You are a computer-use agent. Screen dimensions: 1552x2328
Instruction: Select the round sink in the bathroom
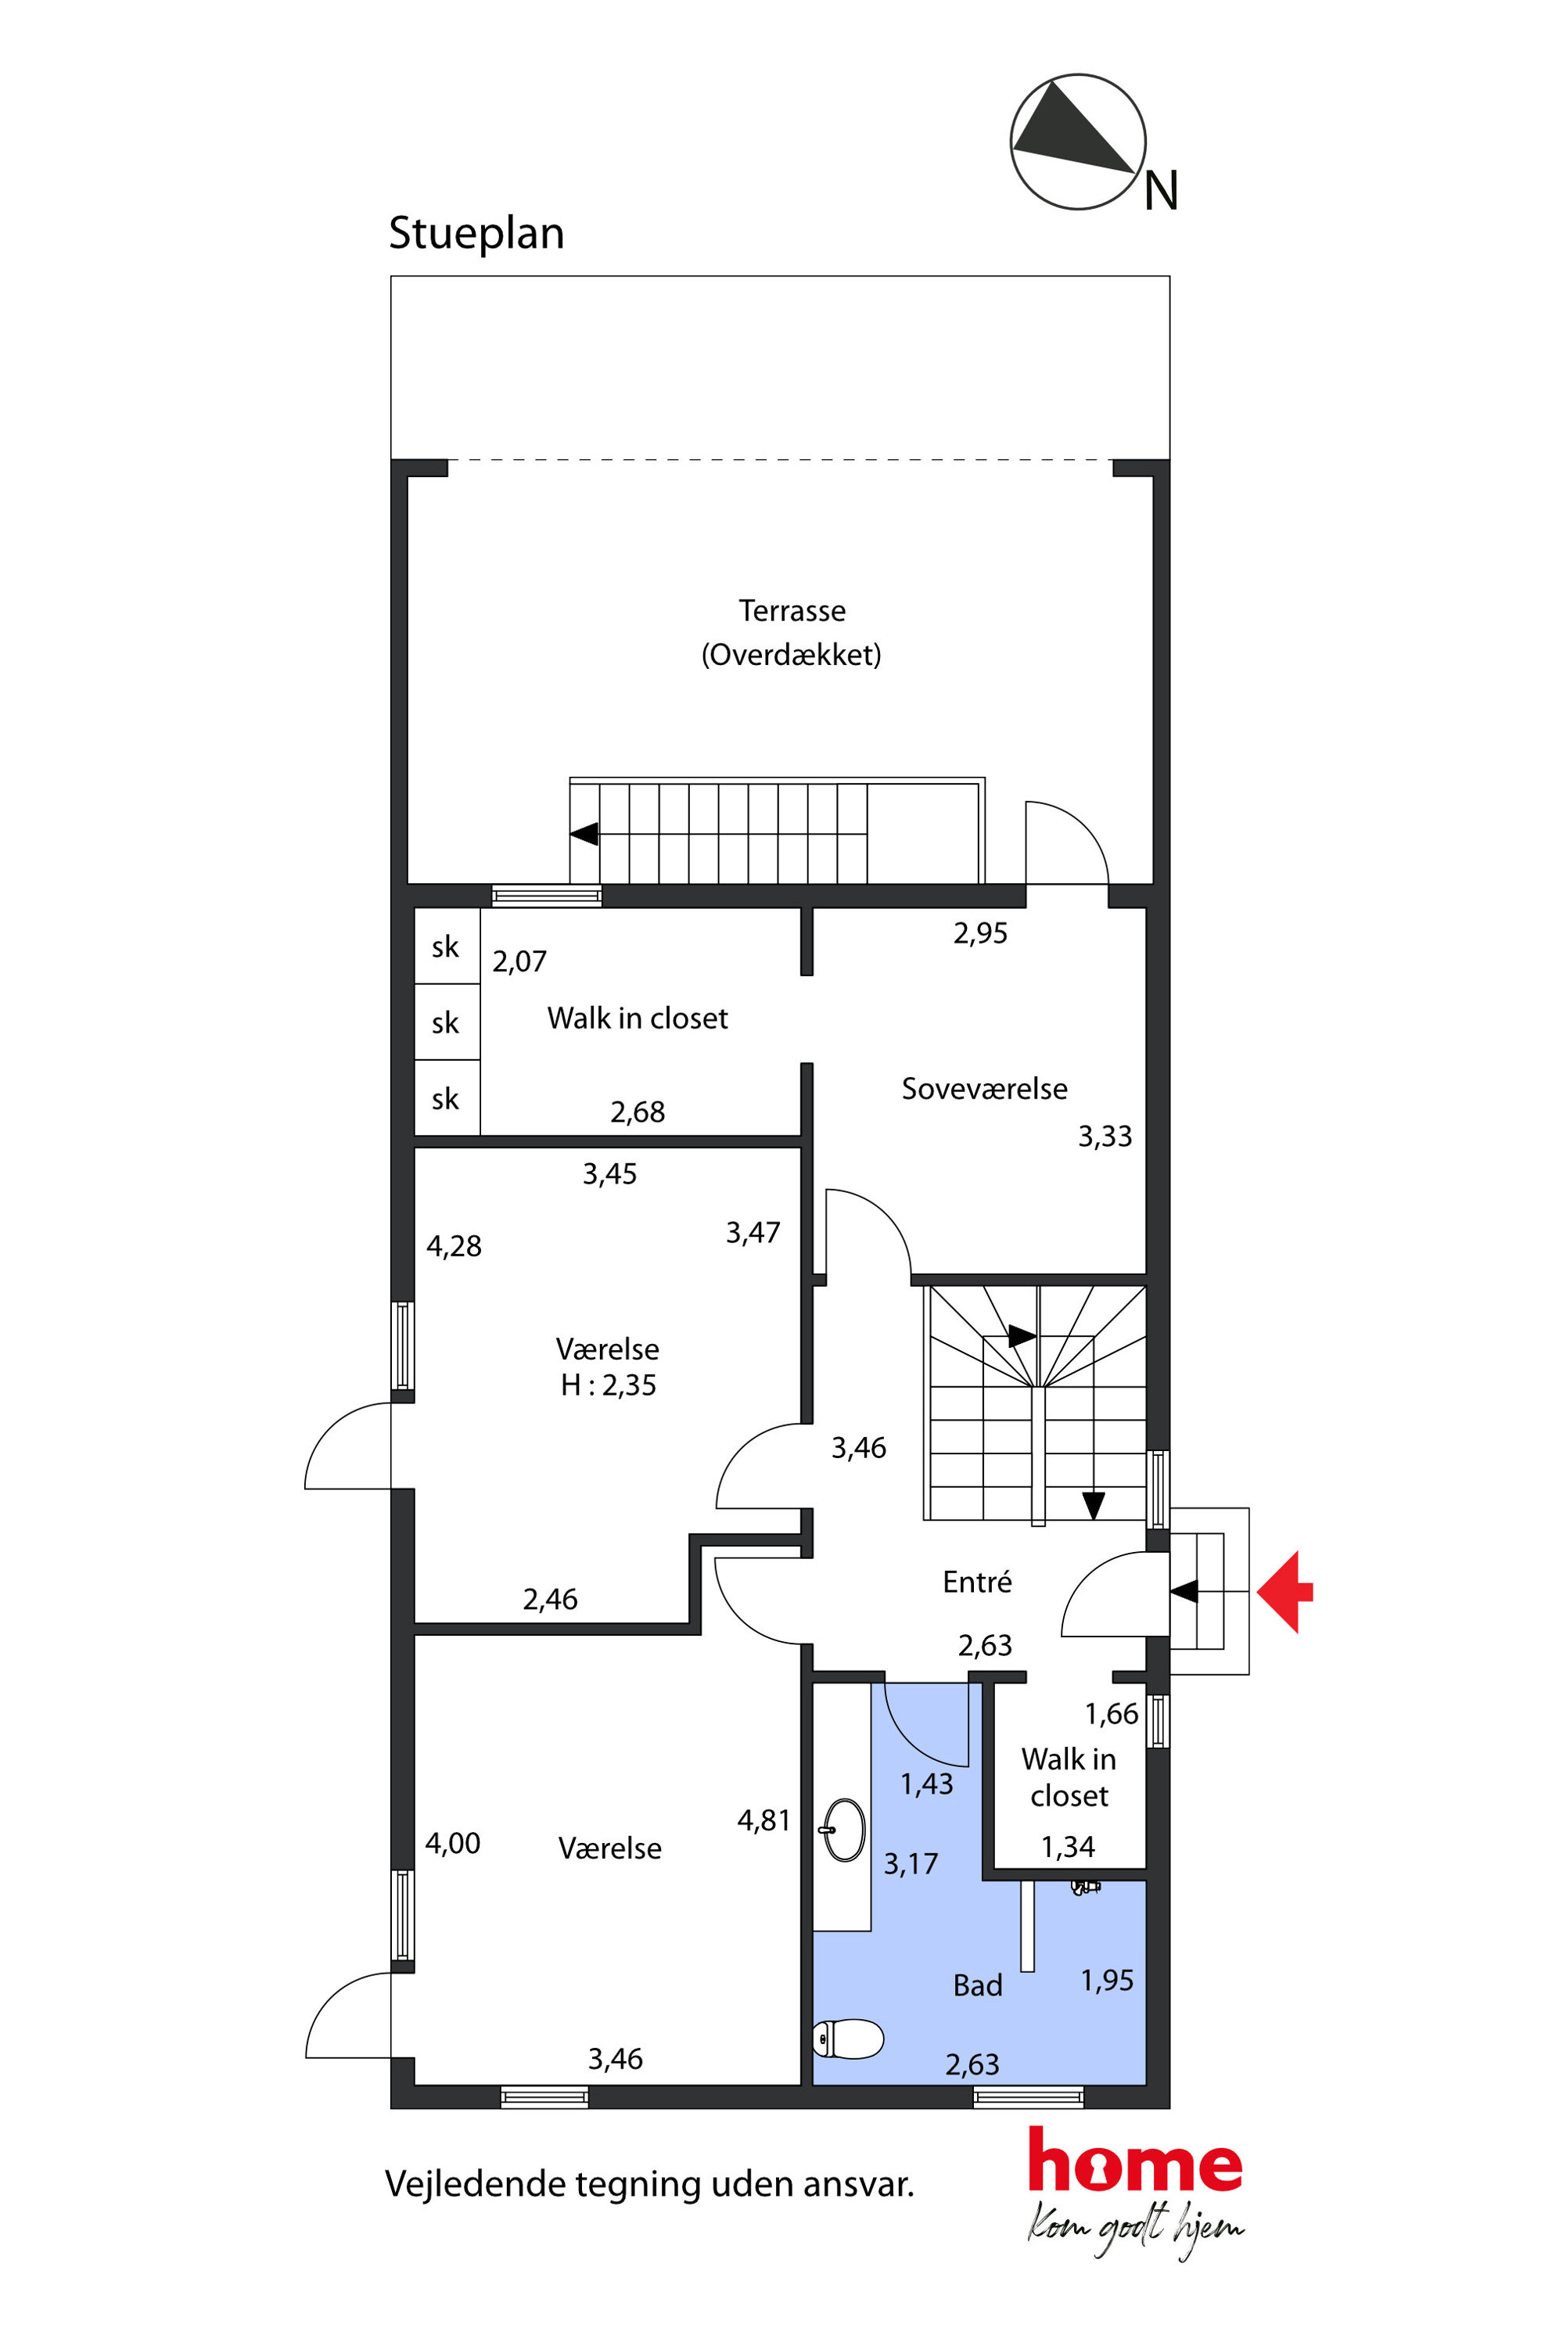[844, 1830]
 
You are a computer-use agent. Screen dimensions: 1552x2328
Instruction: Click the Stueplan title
[476, 235]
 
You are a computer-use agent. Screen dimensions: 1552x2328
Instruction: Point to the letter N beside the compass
[1161, 190]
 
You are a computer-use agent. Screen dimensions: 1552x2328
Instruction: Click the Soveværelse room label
[984, 1089]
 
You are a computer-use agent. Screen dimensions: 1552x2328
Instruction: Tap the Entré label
[976, 1582]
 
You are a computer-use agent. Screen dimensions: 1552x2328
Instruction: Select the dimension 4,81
[763, 1820]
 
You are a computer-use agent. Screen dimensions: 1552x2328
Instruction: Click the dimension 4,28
[454, 1246]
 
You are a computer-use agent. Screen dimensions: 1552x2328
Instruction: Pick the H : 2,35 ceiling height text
[608, 1385]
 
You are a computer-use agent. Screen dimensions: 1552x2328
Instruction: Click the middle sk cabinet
[447, 1022]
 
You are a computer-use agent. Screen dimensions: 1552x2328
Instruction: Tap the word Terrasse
[792, 611]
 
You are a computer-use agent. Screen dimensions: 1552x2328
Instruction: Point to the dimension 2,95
[980, 933]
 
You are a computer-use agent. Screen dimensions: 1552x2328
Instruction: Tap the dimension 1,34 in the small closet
[1068, 1846]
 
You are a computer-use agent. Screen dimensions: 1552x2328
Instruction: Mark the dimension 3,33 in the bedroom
[1105, 1137]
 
